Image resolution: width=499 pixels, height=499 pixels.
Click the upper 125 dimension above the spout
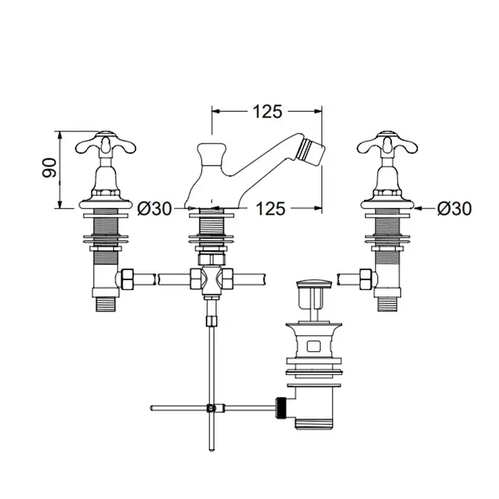tap(267, 111)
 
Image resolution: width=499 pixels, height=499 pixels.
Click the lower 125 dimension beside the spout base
tap(270, 209)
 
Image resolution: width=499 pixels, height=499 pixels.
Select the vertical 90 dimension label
tap(49, 168)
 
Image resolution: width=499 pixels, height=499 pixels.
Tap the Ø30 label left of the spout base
tap(155, 209)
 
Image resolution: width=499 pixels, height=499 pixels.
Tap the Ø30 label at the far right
tap(455, 209)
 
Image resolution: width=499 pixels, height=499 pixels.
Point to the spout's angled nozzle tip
tap(312, 152)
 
